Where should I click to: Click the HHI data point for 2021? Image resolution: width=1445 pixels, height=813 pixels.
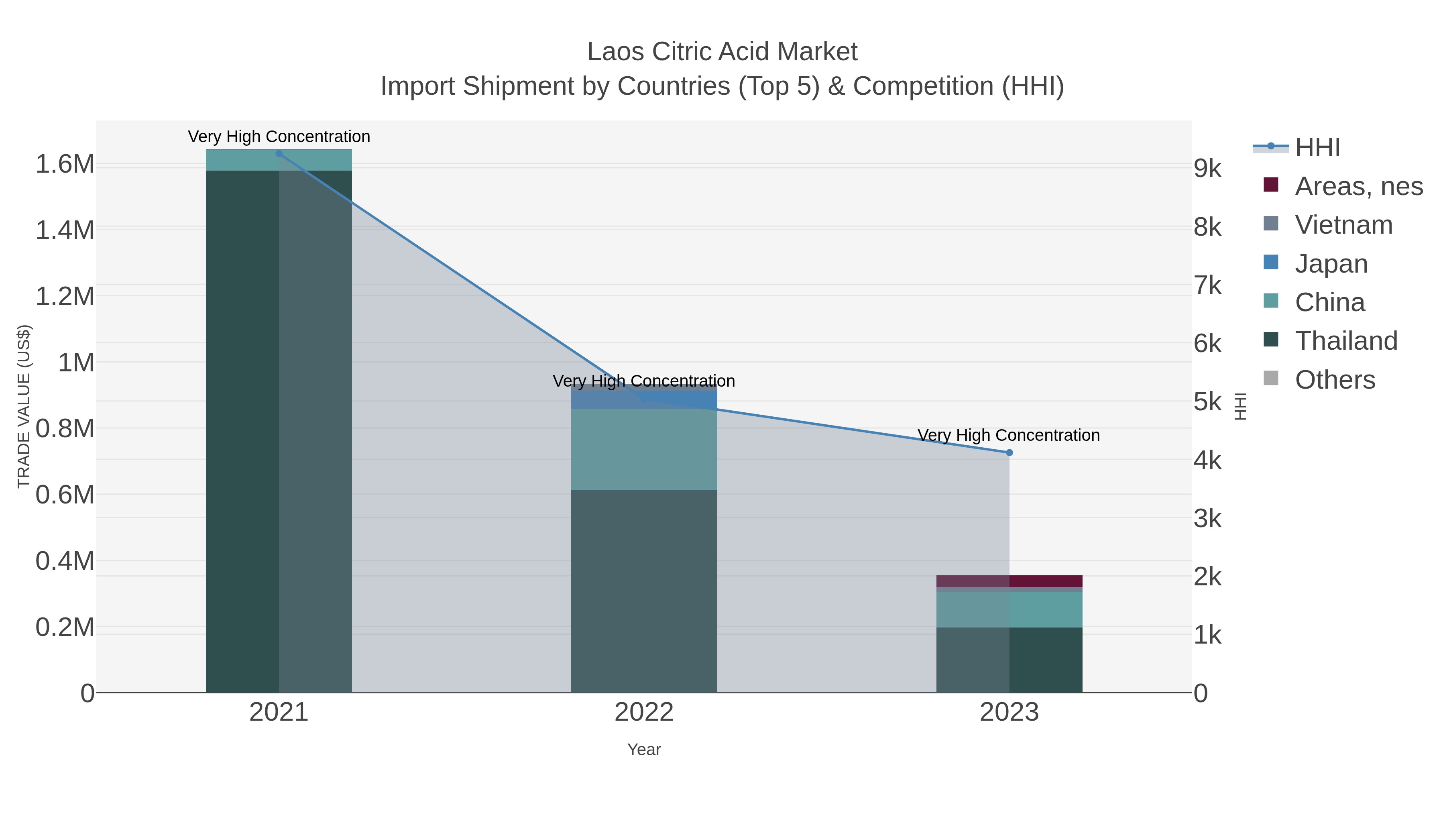[279, 154]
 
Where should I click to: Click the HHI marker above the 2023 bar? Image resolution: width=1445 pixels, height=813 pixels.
[1009, 452]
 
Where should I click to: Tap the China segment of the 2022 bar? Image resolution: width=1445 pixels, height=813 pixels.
[644, 449]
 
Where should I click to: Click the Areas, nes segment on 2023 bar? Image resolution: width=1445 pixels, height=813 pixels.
[1009, 581]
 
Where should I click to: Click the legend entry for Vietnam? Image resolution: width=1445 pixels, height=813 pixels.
[1343, 224]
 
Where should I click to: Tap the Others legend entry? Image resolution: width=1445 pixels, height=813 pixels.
[1335, 379]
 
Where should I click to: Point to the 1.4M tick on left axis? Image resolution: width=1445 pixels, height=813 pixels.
[65, 230]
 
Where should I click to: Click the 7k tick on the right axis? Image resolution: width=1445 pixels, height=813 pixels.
[1207, 285]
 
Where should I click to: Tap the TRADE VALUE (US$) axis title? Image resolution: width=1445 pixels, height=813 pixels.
[24, 406]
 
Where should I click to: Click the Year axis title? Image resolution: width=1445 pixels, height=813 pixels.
[644, 750]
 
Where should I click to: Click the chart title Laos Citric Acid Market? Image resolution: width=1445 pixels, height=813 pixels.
[722, 52]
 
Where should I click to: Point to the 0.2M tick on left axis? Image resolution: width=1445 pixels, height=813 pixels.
[65, 627]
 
